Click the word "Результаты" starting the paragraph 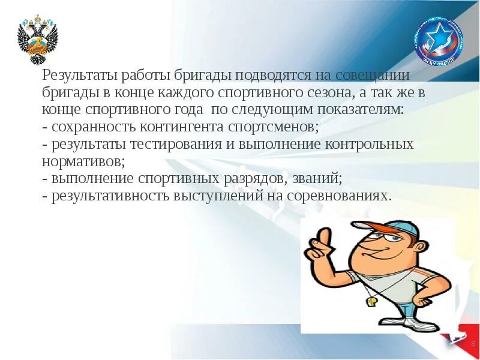(x=80, y=76)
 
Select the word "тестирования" (x=193, y=145)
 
